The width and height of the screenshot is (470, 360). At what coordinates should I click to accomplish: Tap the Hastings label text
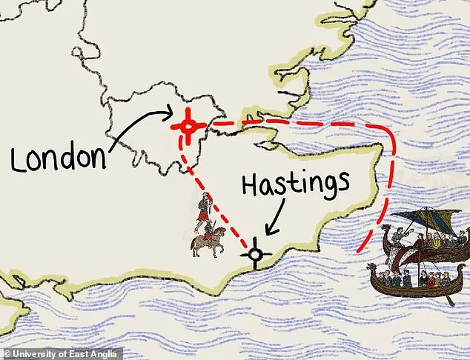point(297,182)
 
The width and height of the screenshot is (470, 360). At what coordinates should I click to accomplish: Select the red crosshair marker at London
point(188,127)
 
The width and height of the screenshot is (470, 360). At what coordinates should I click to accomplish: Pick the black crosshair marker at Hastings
point(256,256)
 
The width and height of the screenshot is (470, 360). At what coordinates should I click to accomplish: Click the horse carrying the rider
point(205,243)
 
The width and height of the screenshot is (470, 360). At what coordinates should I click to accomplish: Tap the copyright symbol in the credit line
point(5,353)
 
